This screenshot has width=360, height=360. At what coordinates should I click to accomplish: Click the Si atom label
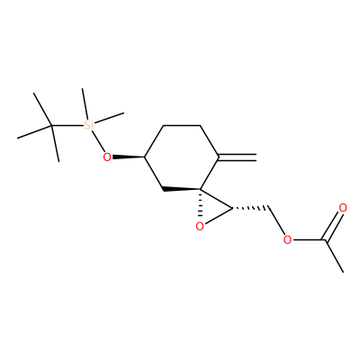point(88,125)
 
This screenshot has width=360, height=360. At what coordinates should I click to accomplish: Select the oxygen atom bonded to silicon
point(107,157)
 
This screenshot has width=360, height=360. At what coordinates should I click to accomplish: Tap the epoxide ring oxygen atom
point(200,227)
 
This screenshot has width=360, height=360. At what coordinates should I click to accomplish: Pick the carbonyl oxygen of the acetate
point(343,208)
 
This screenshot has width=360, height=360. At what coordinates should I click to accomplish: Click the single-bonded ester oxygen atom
point(287,240)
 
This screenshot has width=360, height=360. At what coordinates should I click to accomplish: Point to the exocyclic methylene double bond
point(238,157)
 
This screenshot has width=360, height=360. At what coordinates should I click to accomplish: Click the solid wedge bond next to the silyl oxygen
point(129,157)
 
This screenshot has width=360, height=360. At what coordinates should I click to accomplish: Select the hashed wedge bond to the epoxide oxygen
point(200,204)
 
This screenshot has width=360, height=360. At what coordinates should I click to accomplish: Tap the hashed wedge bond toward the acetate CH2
point(249,207)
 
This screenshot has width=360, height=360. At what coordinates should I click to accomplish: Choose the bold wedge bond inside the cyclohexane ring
point(181,189)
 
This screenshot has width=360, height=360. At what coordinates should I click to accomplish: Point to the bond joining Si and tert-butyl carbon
point(67,125)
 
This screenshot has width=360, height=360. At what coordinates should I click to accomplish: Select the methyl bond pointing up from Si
point(85,104)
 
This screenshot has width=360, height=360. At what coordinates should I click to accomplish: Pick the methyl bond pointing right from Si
point(109,118)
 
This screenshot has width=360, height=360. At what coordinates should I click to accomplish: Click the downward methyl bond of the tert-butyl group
point(55,143)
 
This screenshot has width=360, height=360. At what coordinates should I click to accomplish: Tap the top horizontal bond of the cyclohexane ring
point(182,125)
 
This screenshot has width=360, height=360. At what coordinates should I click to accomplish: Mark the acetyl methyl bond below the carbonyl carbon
point(334,256)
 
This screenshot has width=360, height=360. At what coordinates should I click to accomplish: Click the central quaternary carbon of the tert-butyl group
point(51,125)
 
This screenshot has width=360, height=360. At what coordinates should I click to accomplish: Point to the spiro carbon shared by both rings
point(201,189)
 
